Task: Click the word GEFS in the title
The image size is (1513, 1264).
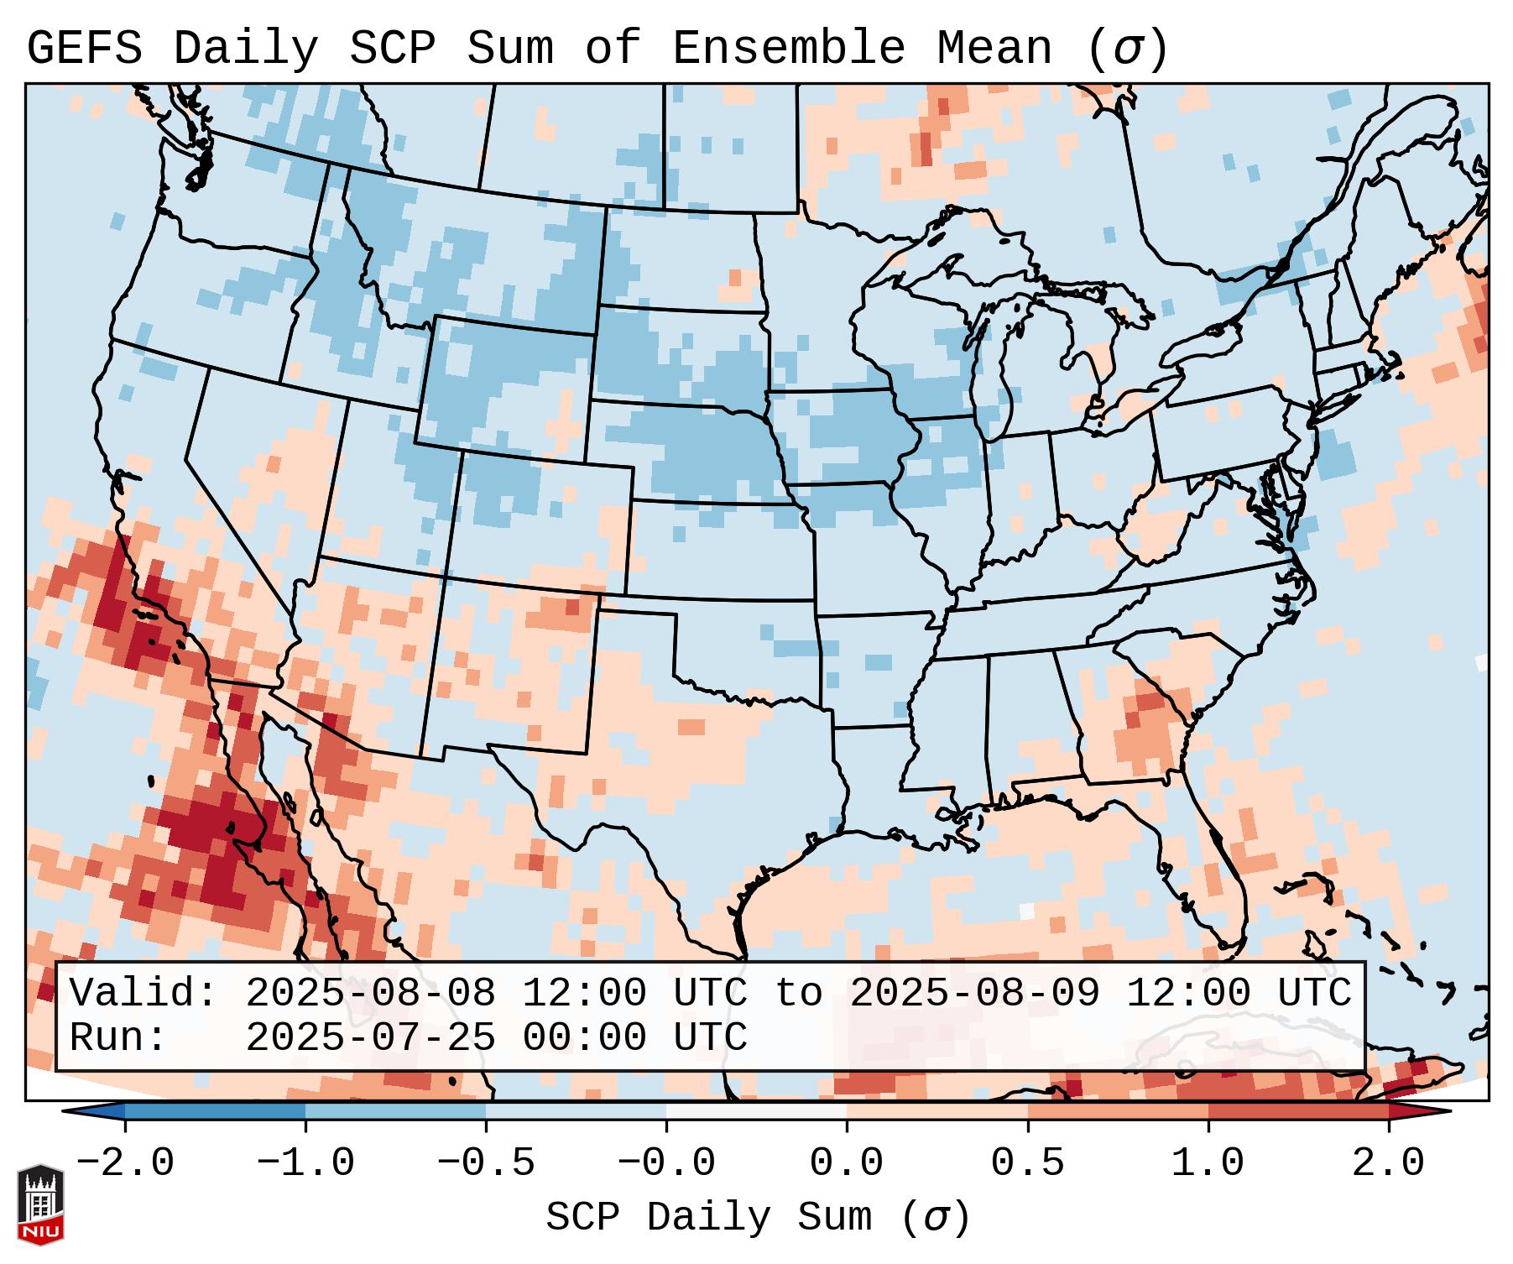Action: click(x=84, y=49)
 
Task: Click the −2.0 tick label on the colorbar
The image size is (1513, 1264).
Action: click(x=125, y=1164)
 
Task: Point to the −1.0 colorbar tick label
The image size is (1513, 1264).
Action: click(x=305, y=1164)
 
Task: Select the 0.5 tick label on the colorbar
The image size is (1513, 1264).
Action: click(x=1027, y=1164)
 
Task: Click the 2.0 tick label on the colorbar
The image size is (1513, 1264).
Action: click(x=1388, y=1164)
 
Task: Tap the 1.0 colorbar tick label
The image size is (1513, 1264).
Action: click(x=1208, y=1164)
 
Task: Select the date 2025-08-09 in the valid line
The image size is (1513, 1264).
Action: click(x=974, y=994)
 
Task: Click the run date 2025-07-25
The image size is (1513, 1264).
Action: click(x=370, y=1038)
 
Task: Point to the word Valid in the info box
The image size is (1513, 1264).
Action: click(x=143, y=994)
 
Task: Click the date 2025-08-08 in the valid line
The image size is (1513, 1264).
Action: click(x=370, y=994)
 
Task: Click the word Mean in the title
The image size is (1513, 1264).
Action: click(x=994, y=49)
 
